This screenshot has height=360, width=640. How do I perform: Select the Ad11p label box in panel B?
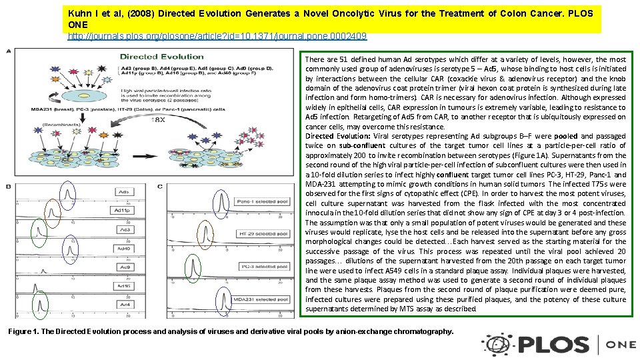pyautogui.click(x=123, y=211)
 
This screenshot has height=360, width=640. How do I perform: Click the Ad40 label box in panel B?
pyautogui.click(x=123, y=248)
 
